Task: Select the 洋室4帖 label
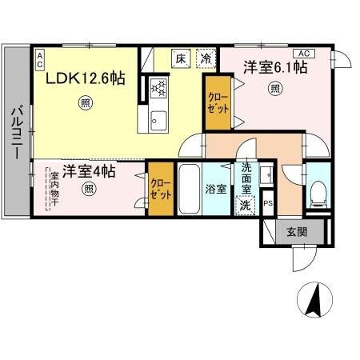90,171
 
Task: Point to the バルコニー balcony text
16,131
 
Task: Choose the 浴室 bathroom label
215,190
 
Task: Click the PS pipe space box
268,202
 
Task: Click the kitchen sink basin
155,120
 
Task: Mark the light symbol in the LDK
85,102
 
